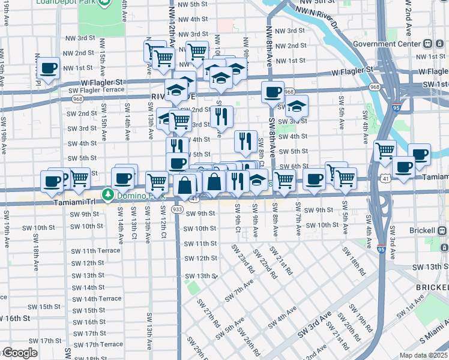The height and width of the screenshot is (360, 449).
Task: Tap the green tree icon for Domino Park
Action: (x=108, y=194)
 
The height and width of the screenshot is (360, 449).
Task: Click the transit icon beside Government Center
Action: (x=428, y=44)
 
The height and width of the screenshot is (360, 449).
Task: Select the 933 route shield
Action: (x=177, y=209)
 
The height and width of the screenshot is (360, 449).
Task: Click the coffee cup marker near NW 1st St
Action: (x=48, y=68)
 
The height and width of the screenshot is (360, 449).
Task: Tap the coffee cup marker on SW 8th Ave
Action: (x=273, y=93)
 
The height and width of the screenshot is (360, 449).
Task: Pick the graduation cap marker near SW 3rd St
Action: (x=296, y=107)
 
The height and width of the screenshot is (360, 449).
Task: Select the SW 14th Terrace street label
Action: (x=97, y=298)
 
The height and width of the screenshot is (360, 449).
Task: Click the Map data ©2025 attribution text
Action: (x=423, y=355)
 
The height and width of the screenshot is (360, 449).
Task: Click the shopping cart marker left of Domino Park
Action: (x=79, y=178)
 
